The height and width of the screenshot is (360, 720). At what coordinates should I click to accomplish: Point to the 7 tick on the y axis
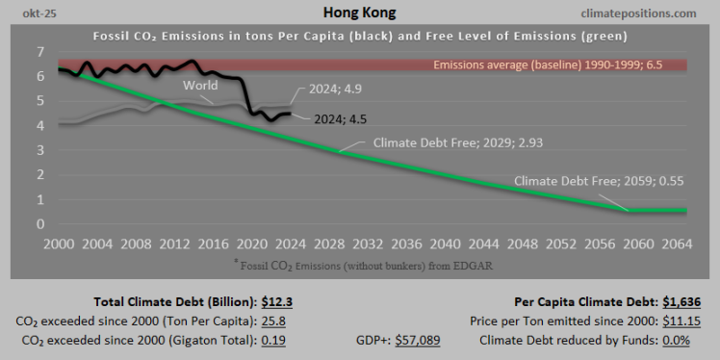(x=40, y=51)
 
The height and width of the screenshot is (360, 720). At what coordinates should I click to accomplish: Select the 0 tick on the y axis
(x=40, y=223)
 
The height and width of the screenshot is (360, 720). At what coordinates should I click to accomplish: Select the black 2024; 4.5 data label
(x=342, y=118)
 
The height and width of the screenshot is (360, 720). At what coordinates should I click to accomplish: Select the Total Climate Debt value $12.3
(x=271, y=301)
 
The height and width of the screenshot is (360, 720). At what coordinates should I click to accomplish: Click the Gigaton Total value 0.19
(x=273, y=340)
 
